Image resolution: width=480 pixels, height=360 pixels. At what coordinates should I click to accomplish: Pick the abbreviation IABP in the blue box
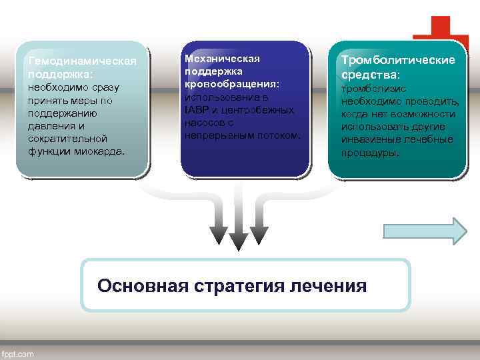point(195,110)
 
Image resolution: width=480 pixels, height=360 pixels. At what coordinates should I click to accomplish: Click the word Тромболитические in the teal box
point(399,61)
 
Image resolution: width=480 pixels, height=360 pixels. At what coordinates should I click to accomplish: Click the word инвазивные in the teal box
point(371,139)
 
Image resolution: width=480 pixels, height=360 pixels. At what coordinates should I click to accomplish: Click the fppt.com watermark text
point(18,354)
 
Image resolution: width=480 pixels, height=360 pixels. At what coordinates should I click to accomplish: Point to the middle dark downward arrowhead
point(238,238)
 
